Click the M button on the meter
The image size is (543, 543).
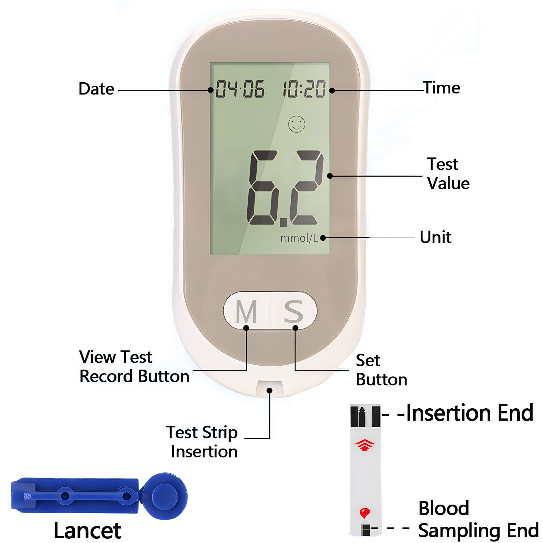247,311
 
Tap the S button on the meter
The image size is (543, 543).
294,311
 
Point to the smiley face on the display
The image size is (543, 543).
296,124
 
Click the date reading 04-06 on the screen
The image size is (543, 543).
240,89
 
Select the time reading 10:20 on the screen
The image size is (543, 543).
304,89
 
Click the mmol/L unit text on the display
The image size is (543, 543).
299,238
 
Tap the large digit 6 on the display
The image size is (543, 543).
262,188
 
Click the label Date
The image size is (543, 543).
96,89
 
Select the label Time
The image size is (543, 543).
442,88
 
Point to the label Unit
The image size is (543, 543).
435,237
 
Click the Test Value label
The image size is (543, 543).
448,174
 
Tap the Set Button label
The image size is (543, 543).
382,370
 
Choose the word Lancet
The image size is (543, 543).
87,531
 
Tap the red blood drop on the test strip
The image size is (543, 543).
365,513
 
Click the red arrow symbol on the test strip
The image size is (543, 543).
365,445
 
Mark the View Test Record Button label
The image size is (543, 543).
134,366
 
